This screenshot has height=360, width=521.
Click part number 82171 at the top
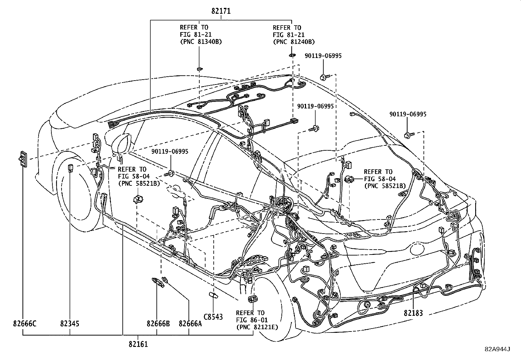point(221,11)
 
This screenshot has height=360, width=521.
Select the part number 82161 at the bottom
point(138,344)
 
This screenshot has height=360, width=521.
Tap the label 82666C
point(25,324)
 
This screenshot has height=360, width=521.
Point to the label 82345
point(70,324)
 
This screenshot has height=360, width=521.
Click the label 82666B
point(158,324)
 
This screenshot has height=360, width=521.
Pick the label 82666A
point(190,324)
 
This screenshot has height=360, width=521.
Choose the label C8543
point(213,317)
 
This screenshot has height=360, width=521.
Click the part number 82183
point(413,313)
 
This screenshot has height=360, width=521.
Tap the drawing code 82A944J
point(497,349)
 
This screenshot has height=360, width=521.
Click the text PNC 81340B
point(201,42)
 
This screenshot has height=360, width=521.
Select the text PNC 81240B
point(294,42)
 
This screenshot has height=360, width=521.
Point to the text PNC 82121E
point(257,327)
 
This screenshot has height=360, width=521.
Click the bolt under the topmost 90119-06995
point(324,77)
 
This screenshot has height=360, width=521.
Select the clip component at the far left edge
point(23,160)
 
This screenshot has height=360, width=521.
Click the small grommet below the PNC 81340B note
point(199,69)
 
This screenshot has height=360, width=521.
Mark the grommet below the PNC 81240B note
point(292,56)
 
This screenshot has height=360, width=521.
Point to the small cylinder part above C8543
point(213,295)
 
